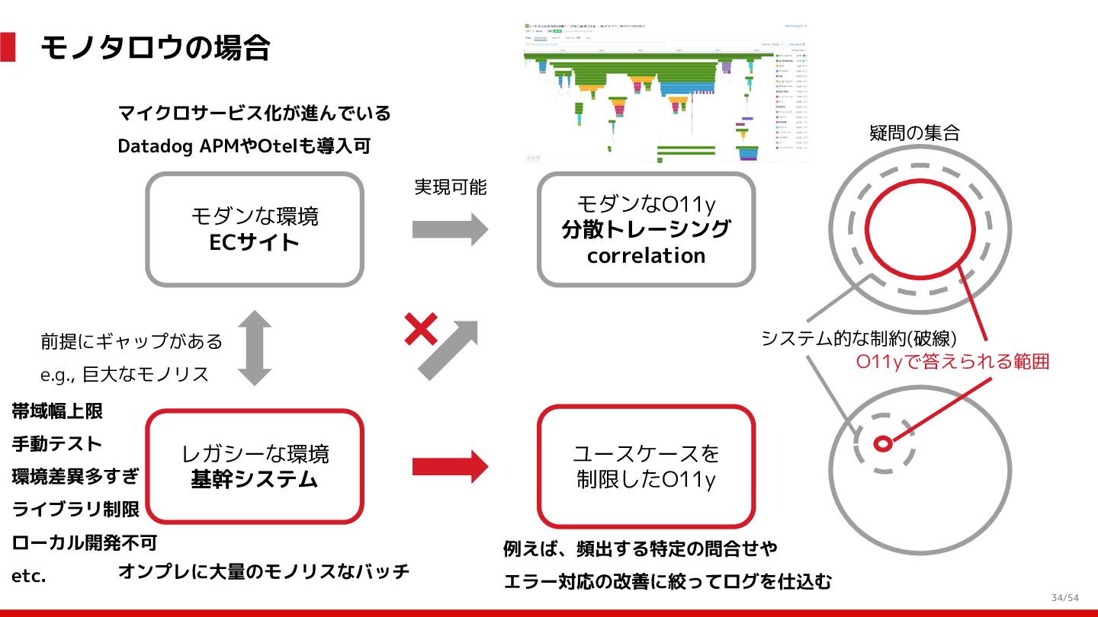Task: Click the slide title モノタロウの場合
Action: (155, 47)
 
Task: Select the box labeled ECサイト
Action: (255, 229)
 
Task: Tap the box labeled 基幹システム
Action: (255, 466)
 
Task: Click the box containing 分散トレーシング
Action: (646, 229)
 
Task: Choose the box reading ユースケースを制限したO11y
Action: (646, 466)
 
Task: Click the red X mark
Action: (420, 330)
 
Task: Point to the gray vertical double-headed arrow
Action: (255, 347)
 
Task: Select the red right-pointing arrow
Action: (450, 466)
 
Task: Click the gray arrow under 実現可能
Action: (450, 229)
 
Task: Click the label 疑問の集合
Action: (914, 133)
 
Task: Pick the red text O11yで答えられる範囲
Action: (953, 362)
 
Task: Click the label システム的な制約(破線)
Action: (859, 337)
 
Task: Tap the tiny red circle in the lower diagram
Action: (883, 443)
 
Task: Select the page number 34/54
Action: (1065, 597)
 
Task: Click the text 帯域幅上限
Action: (57, 412)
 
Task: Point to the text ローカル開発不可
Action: (85, 543)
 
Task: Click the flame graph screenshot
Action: (666, 91)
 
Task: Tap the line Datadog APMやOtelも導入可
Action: (244, 145)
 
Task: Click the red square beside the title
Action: (8, 47)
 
